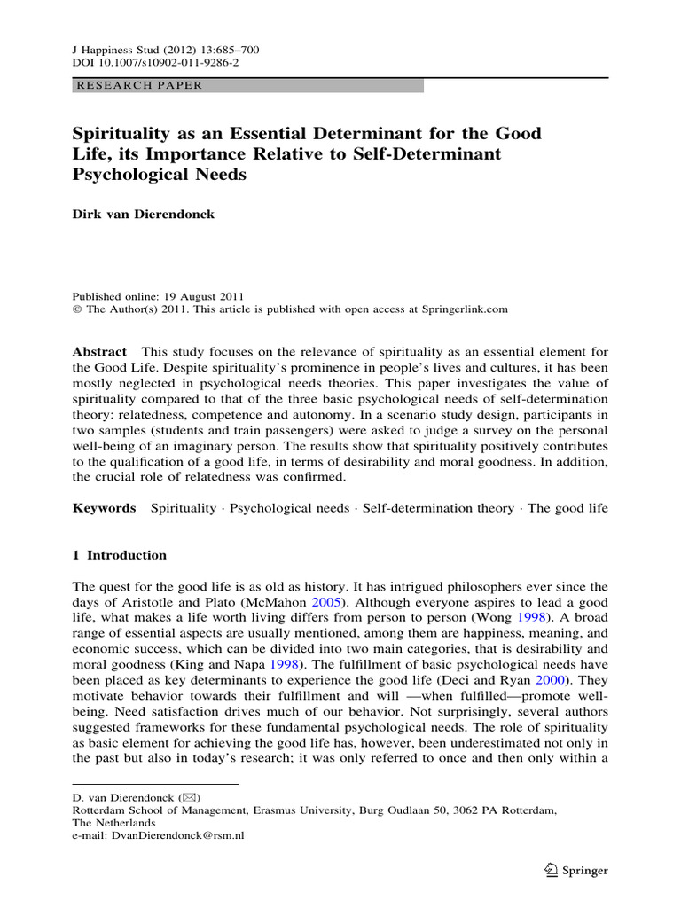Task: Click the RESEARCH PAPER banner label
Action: click(x=140, y=86)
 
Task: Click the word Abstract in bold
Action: click(x=99, y=352)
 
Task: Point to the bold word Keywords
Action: click(x=104, y=508)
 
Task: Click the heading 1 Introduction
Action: click(x=119, y=555)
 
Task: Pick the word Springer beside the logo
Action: click(x=585, y=871)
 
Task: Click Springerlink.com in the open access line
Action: click(x=462, y=309)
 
